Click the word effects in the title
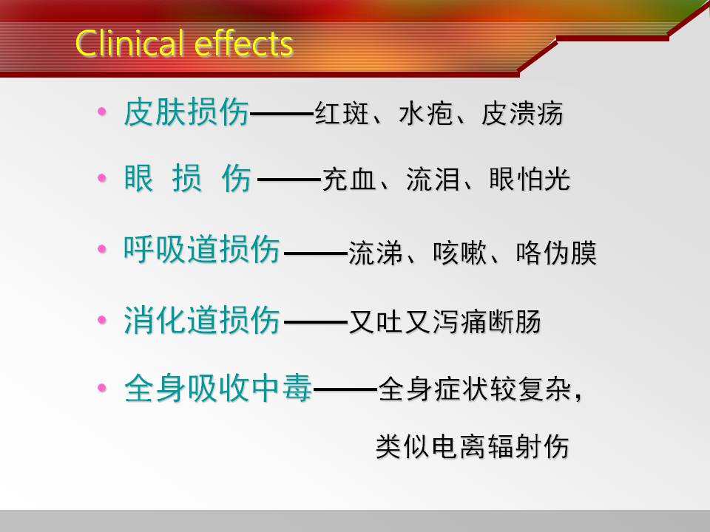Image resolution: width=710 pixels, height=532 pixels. click(243, 44)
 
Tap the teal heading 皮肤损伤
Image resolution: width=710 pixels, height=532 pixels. click(186, 112)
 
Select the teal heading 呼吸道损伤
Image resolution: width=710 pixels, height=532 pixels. click(201, 249)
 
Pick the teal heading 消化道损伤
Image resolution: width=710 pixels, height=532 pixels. click(201, 320)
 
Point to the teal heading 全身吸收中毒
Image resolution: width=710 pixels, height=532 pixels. click(217, 388)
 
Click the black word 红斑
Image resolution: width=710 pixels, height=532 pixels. click(342, 112)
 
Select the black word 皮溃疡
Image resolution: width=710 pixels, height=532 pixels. click(522, 112)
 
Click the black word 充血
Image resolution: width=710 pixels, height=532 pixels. click(348, 179)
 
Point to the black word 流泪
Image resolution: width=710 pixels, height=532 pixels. click(433, 179)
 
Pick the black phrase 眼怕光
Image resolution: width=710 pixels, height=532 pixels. click(530, 179)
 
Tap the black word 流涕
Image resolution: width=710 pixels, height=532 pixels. click(376, 253)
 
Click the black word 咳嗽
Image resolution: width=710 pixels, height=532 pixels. click(459, 253)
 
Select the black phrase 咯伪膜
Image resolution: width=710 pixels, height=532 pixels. click(556, 253)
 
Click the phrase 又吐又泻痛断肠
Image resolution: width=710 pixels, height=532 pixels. click(444, 321)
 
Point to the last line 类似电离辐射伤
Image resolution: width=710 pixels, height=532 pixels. click(473, 446)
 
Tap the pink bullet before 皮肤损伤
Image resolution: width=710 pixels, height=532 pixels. click(102, 112)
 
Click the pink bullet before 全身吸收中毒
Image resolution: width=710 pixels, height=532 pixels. click(102, 388)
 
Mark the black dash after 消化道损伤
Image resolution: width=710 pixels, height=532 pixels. click(316, 323)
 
